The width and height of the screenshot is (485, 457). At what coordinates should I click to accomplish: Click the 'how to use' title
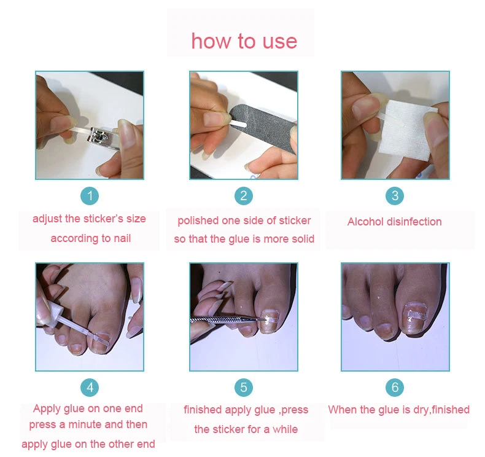pos(244,41)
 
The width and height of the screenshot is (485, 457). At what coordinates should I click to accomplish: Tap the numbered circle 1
pos(90,196)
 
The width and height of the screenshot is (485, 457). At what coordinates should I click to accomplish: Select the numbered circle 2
pos(244,196)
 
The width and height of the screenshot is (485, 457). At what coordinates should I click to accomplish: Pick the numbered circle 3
pos(395,196)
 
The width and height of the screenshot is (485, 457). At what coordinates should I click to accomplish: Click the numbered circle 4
pos(90,387)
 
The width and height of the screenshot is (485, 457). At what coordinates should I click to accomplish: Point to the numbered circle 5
pos(244,387)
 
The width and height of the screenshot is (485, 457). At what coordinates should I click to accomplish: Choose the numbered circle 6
pos(395,387)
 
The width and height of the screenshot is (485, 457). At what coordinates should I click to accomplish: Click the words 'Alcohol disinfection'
pos(394,222)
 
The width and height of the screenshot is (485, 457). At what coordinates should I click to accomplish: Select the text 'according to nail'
pos(90,238)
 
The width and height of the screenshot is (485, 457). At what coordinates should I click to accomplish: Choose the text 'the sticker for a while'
pos(246,429)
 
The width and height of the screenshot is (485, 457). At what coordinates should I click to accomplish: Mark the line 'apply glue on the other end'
pos(88,444)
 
